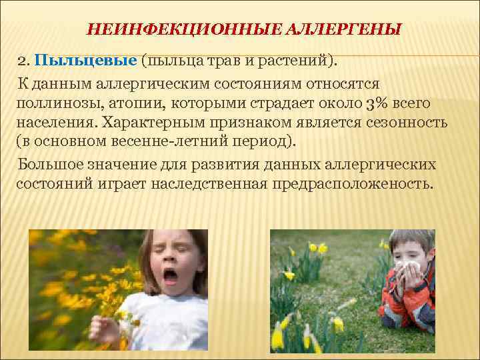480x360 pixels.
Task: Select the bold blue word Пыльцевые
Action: (x=86, y=61)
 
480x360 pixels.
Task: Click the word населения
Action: (x=54, y=125)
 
